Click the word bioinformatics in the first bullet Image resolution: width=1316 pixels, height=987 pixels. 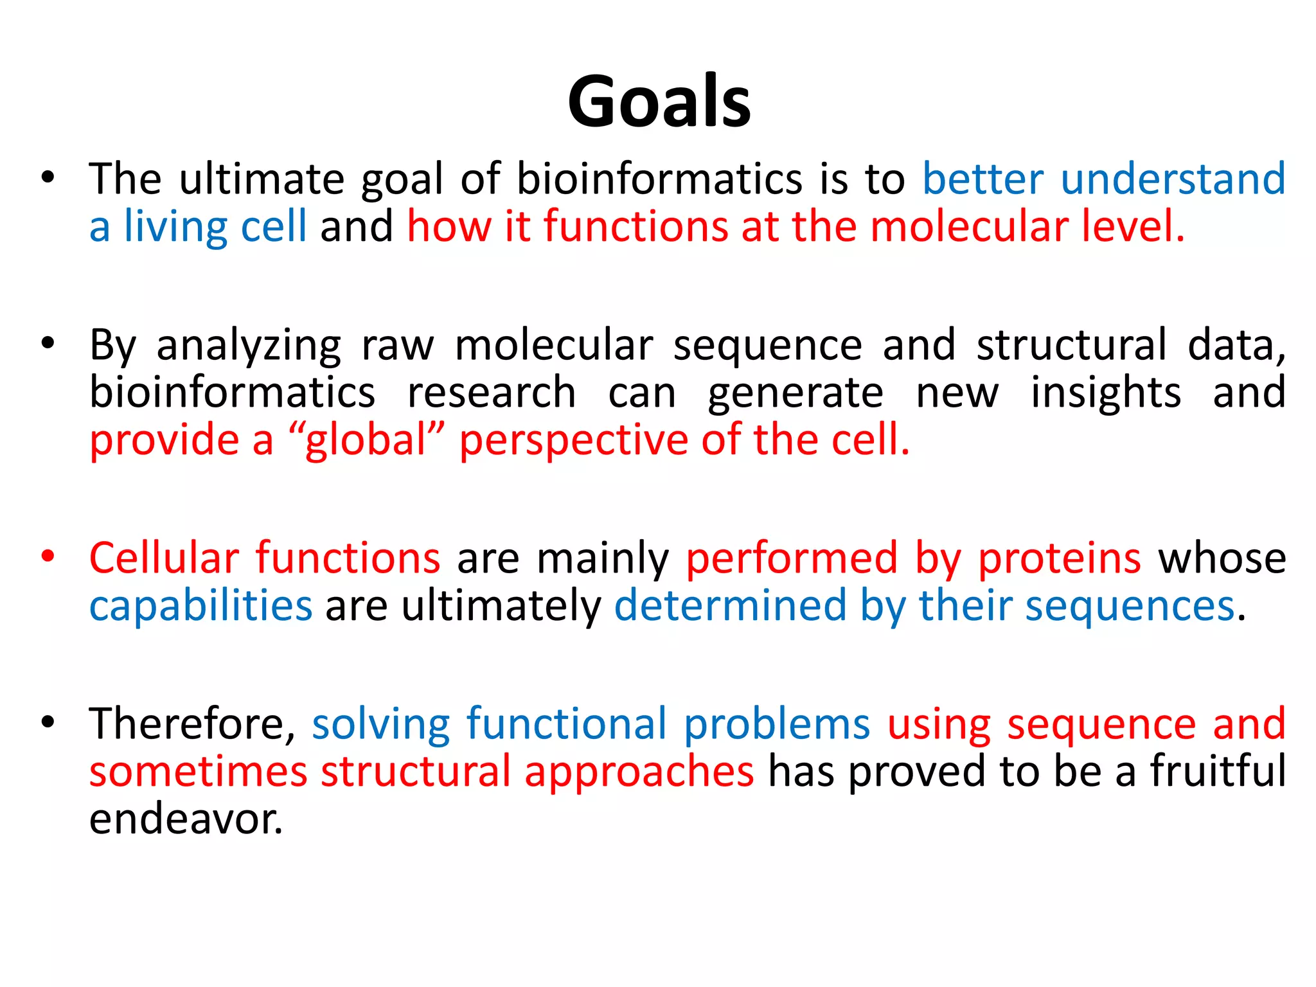(659, 179)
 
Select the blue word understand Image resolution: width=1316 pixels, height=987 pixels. (1173, 179)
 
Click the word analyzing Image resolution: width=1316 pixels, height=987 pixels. (249, 346)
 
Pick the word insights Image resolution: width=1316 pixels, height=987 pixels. (1105, 393)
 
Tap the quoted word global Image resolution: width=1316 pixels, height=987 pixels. (366, 440)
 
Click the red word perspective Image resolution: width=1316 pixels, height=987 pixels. (573, 441)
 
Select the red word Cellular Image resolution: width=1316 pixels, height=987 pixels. (164, 557)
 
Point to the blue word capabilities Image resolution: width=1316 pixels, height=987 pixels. (200, 606)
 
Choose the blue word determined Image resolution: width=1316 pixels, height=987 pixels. (730, 605)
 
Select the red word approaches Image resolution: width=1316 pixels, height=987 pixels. (639, 772)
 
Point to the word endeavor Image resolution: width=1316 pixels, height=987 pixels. (185, 819)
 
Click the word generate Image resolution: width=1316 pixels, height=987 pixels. (796, 394)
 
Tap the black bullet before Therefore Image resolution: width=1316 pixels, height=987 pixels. (48, 722)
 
